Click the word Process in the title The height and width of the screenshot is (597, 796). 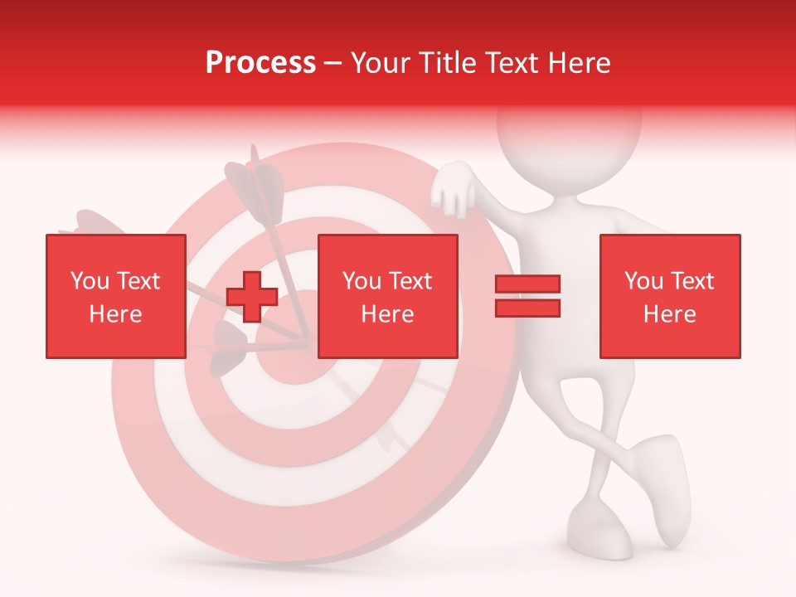[260, 63]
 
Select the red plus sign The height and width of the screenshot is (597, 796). [251, 297]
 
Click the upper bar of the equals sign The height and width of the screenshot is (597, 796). [527, 284]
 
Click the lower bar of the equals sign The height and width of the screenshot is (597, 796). [527, 308]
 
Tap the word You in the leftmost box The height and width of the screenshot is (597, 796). [89, 281]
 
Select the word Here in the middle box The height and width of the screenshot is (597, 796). [387, 314]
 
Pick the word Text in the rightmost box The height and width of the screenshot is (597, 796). [692, 281]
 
